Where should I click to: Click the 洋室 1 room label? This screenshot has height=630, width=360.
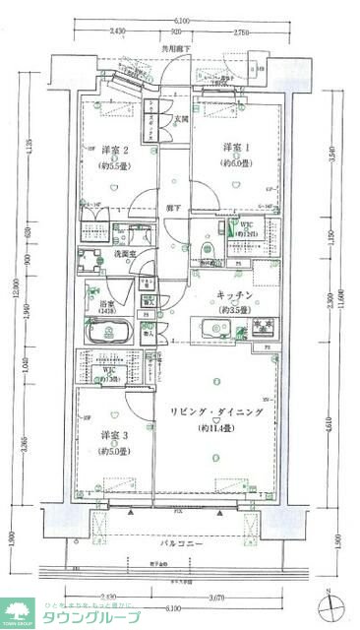234,148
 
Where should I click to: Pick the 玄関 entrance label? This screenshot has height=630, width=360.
183,119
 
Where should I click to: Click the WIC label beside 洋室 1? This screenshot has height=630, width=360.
247,225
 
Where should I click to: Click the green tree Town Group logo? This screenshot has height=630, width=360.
17,611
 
